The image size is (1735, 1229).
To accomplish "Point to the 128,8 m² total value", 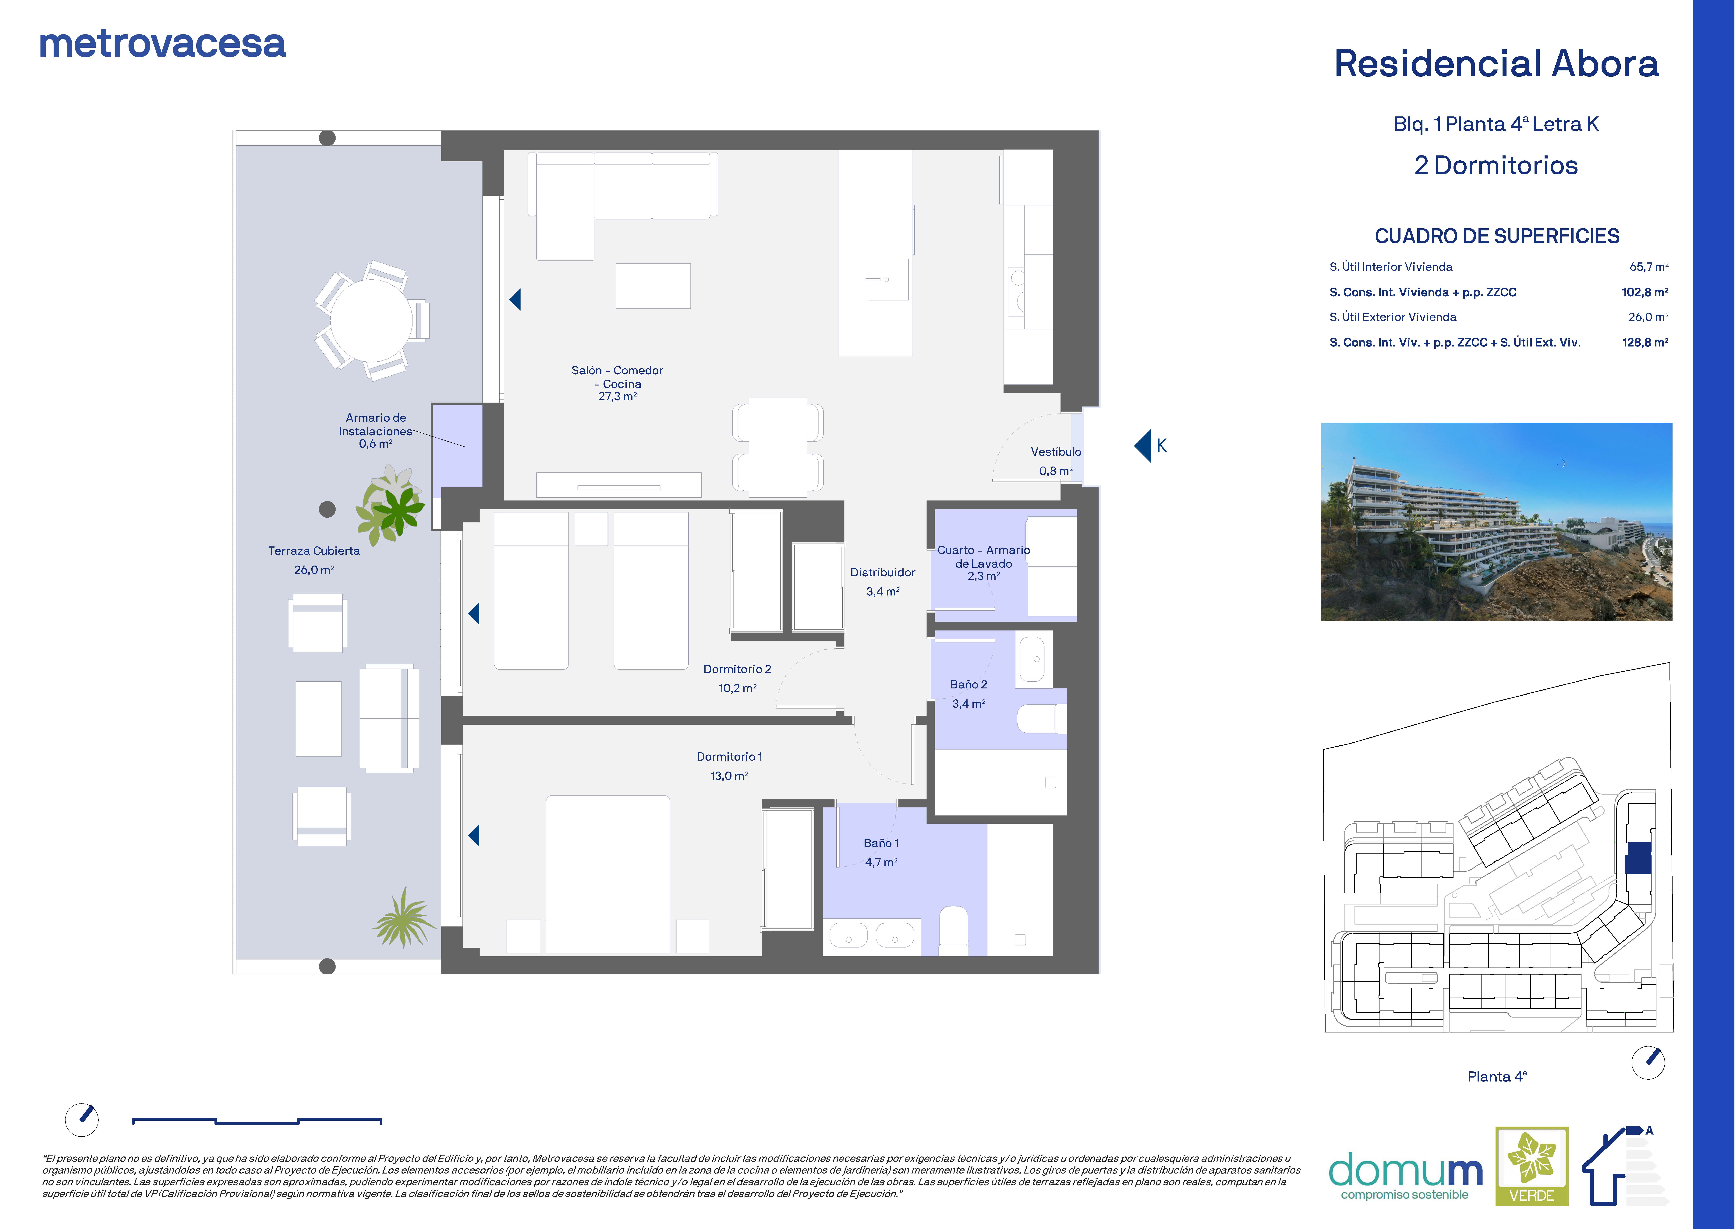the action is [1645, 342].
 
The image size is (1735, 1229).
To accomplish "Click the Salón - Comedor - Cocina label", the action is [618, 383].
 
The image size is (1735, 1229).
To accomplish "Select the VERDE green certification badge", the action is [1531, 1166].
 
